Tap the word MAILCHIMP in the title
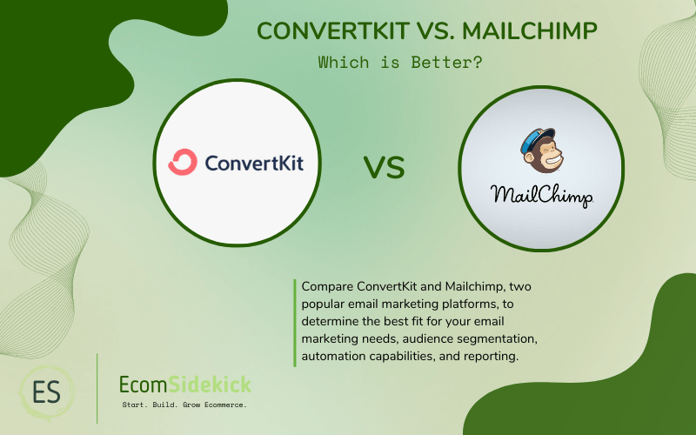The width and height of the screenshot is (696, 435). coord(529,31)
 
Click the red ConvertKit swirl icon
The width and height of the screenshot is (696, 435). coord(183,162)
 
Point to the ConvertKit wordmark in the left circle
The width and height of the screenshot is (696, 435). coord(254,163)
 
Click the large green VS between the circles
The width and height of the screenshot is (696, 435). coord(383,167)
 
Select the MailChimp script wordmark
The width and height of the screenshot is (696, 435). coord(540,194)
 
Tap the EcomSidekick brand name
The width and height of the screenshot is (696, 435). coord(184,384)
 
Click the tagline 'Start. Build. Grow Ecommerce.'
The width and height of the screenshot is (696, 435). coord(184,405)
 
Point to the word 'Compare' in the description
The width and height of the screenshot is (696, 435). coord(327,285)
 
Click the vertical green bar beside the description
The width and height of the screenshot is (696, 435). coord(295,322)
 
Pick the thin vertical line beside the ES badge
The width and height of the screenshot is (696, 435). coord(97,389)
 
